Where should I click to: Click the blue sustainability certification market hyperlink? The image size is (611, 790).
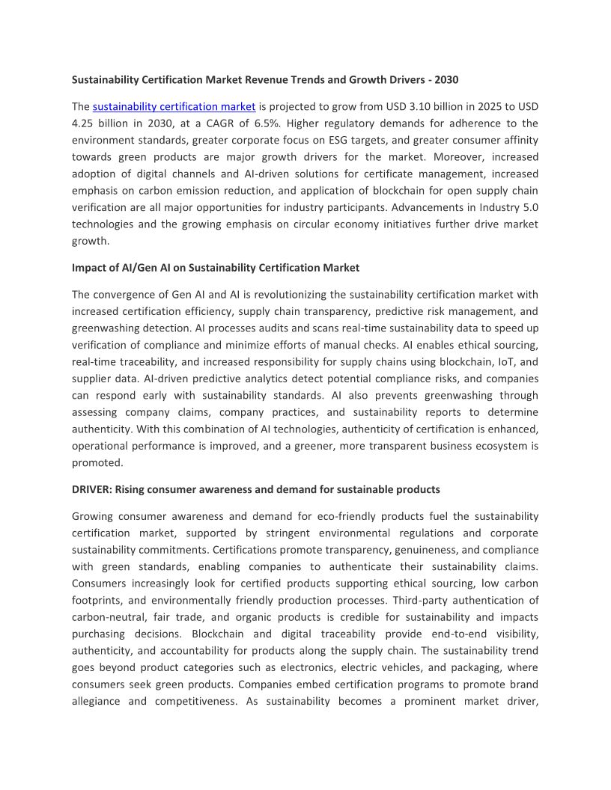pyautogui.click(x=174, y=106)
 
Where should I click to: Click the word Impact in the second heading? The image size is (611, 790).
pyautogui.click(x=91, y=267)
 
